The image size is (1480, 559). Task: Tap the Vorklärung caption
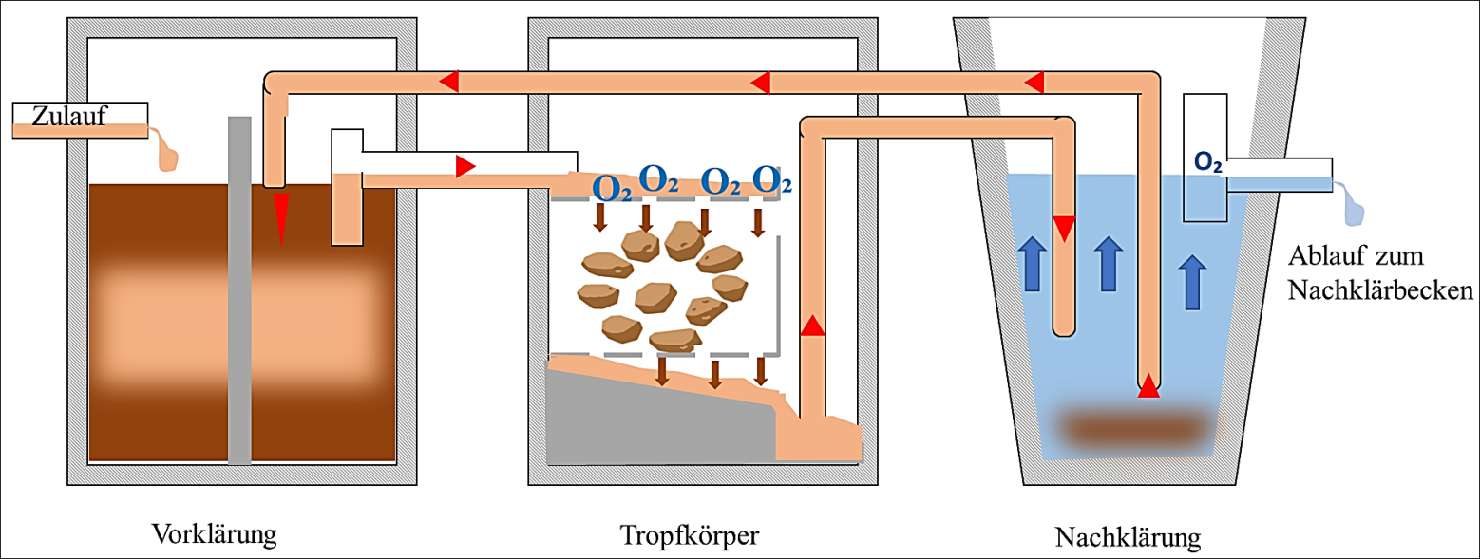coord(214,533)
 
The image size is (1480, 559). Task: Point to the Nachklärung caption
coord(1128,537)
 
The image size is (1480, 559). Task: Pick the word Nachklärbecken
coord(1379,290)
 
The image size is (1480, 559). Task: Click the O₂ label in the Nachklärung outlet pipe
coord(1207,162)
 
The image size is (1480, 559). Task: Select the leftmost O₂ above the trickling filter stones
coord(611,186)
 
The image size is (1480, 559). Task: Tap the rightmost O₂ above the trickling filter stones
coord(772,178)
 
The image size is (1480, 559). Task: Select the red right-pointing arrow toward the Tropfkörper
coord(465,167)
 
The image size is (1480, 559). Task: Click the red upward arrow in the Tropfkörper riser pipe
coord(811,326)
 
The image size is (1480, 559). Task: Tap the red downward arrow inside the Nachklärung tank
coord(1064,228)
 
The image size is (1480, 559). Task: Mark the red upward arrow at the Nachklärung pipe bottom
coord(1148,386)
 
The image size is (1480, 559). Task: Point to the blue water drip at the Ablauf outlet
coord(1352,204)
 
